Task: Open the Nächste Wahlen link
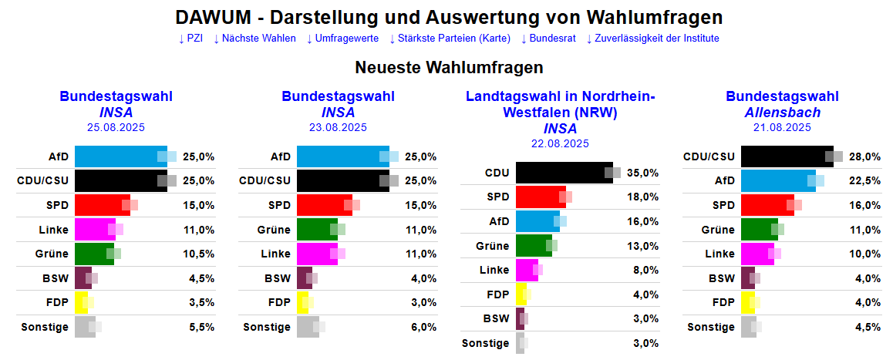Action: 254,39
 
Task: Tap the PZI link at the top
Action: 190,39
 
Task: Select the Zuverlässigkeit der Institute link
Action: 652,39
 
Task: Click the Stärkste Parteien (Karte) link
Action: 450,39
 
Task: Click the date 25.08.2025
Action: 116,128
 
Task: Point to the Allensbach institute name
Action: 782,113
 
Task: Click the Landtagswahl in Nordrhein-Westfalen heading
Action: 560,104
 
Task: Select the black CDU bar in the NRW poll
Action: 564,173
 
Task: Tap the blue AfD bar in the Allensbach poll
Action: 777,180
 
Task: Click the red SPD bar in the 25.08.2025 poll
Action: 102,205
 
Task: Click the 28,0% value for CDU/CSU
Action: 865,156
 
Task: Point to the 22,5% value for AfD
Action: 865,180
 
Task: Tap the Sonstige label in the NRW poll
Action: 485,343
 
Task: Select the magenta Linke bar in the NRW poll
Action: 527,270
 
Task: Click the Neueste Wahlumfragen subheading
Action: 449,68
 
